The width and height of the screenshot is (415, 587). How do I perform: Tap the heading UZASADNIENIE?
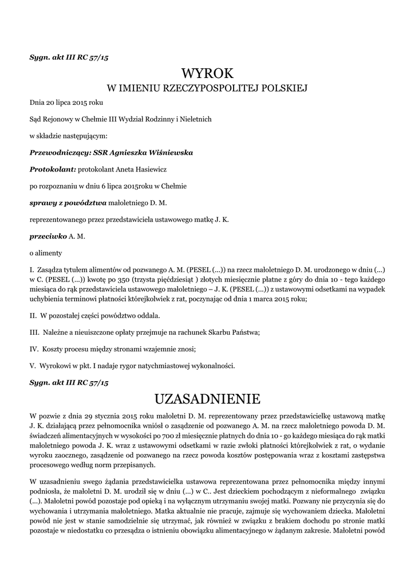click(x=207, y=398)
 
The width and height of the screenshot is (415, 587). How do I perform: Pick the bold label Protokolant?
click(x=52, y=169)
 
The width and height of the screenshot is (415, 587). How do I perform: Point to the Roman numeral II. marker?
click(x=33, y=316)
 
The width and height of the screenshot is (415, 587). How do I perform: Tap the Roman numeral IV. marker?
click(x=34, y=349)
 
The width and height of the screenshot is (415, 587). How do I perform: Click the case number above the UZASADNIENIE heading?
click(x=69, y=381)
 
